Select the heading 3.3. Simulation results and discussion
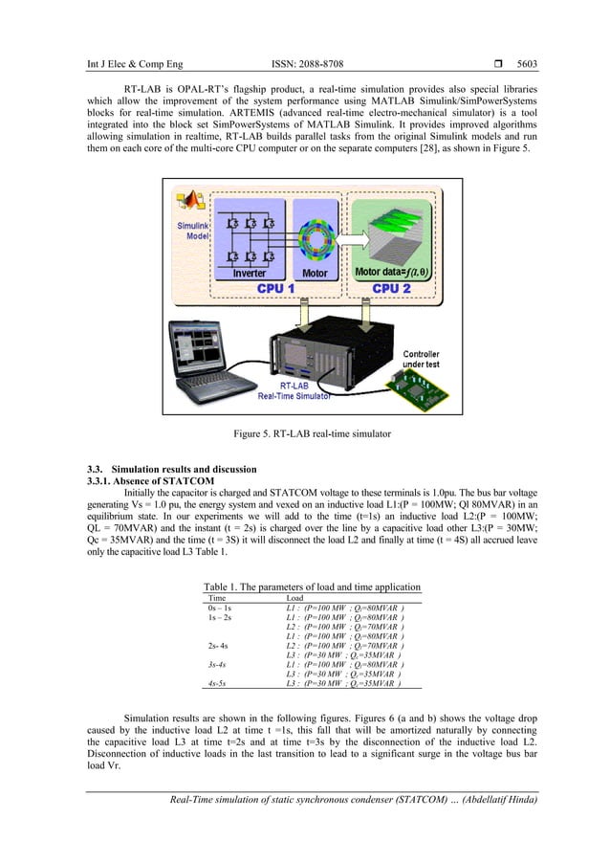(x=171, y=469)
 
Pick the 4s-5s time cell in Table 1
(x=221, y=684)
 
